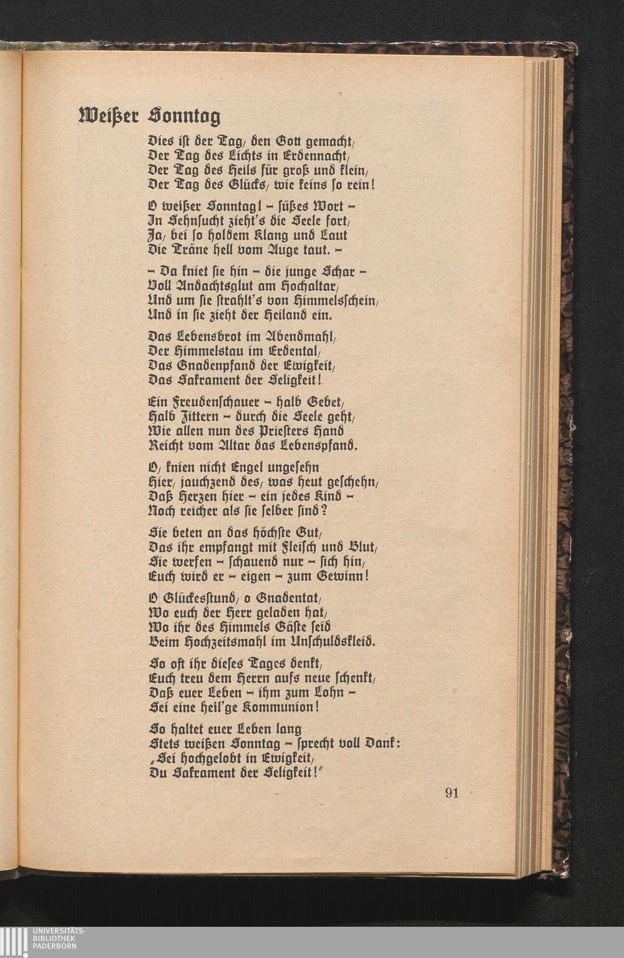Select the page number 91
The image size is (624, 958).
452,793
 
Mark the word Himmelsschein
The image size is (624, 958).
339,302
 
